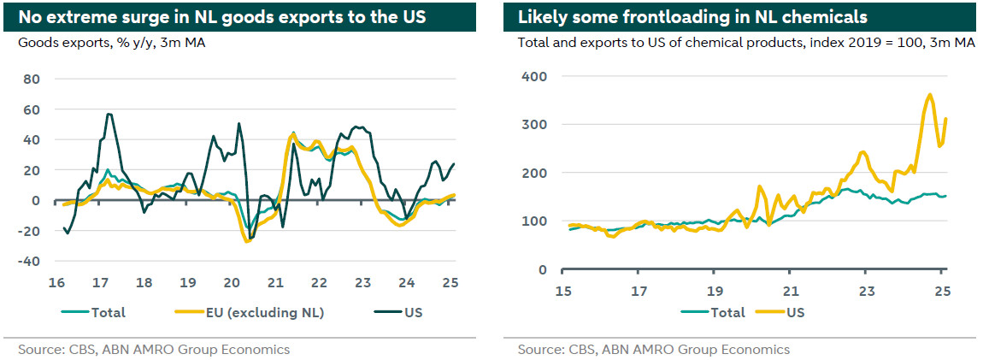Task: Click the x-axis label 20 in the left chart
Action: pos(231,283)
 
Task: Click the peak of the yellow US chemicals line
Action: pos(929,94)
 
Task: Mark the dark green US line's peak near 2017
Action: pos(109,114)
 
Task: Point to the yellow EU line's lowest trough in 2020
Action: pos(247,242)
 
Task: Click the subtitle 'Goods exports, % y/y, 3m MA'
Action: pos(111,41)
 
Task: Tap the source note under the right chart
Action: pos(653,349)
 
